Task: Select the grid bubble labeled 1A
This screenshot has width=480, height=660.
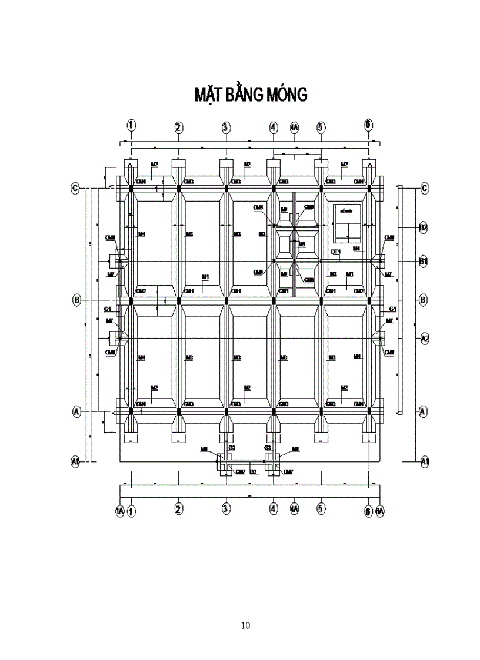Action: click(120, 511)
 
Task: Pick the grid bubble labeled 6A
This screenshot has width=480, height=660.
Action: click(379, 511)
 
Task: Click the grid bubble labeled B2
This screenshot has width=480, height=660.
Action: click(422, 227)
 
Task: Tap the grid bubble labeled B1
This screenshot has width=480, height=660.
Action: click(422, 261)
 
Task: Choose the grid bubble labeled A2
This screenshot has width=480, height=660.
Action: click(425, 338)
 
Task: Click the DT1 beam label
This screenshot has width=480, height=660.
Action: click(335, 252)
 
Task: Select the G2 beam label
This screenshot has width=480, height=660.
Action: click(253, 471)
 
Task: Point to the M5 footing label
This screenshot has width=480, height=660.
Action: click(302, 244)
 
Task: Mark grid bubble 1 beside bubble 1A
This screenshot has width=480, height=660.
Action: click(131, 511)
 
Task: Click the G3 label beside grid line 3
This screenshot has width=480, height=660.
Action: click(232, 448)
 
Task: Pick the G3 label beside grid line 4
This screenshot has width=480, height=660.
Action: click(268, 448)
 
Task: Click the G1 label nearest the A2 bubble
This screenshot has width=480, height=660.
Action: click(393, 309)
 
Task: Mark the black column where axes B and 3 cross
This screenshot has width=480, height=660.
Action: click(226, 300)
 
